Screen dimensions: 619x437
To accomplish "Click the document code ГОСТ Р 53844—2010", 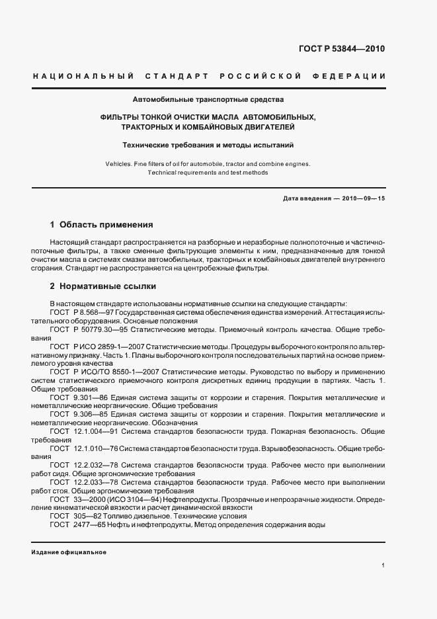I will [341, 49].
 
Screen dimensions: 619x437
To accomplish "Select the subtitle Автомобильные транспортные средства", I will [208, 100].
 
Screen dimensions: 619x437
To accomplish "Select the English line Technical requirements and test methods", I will [208, 172].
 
